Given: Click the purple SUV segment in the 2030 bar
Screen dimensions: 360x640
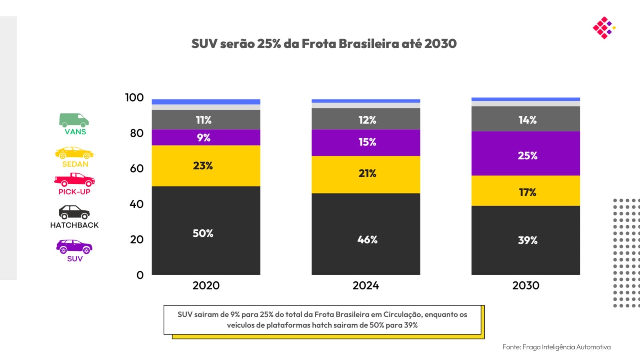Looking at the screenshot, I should click(x=526, y=153).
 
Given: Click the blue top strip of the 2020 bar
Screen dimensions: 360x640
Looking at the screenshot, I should click(x=206, y=102).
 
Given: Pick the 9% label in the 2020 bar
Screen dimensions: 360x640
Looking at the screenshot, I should click(x=204, y=138).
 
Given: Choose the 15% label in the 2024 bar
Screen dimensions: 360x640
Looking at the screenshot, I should click(x=367, y=142).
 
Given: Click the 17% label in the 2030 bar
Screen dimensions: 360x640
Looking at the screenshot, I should click(x=527, y=192).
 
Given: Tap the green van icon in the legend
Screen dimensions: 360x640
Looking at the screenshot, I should click(x=74, y=120).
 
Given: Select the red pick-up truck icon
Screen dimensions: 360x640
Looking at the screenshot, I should click(x=74, y=180).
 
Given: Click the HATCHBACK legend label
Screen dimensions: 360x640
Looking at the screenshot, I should click(x=74, y=225).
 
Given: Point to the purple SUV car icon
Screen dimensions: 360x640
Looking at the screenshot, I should click(x=74, y=246).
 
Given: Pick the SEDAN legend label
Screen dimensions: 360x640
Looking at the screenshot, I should click(x=75, y=164).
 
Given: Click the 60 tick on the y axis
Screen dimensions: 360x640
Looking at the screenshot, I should click(x=137, y=168).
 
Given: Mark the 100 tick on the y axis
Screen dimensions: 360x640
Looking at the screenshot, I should click(x=134, y=98).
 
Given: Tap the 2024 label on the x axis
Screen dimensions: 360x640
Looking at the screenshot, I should click(x=366, y=286).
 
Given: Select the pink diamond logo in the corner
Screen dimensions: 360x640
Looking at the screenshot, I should click(x=604, y=28).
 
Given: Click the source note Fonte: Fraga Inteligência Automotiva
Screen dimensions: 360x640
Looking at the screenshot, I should click(x=556, y=347).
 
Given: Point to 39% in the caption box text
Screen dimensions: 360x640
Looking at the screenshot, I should click(x=410, y=325).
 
